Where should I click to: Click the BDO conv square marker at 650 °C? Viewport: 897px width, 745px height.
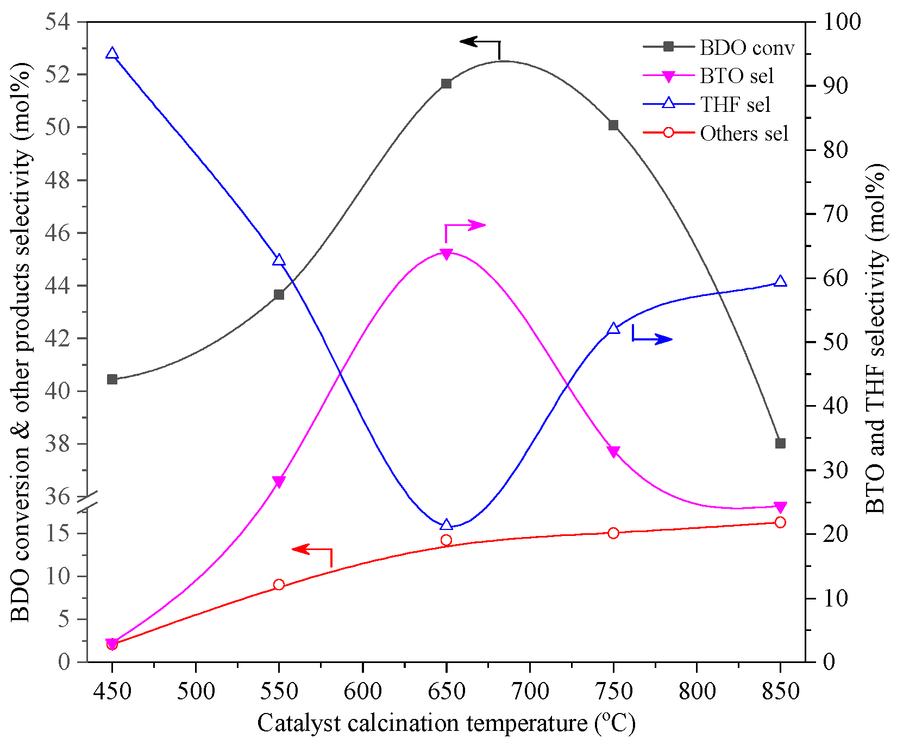coord(446,84)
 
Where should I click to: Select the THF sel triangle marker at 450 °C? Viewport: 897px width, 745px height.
coord(112,53)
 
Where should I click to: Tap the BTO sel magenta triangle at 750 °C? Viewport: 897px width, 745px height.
coord(613,452)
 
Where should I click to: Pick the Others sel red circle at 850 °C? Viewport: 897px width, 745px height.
coord(780,522)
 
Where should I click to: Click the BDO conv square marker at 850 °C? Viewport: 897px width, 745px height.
coord(780,444)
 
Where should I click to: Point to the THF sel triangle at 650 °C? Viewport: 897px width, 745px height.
coord(446,525)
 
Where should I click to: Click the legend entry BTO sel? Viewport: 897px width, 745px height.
coord(736,77)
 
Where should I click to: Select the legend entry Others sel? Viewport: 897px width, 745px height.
coord(743,134)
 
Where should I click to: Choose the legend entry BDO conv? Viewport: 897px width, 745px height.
coord(747,48)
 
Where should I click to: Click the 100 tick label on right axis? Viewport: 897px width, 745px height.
coord(842,22)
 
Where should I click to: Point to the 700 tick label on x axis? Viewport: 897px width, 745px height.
coord(530,692)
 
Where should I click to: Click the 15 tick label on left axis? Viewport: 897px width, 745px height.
coord(58,533)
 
